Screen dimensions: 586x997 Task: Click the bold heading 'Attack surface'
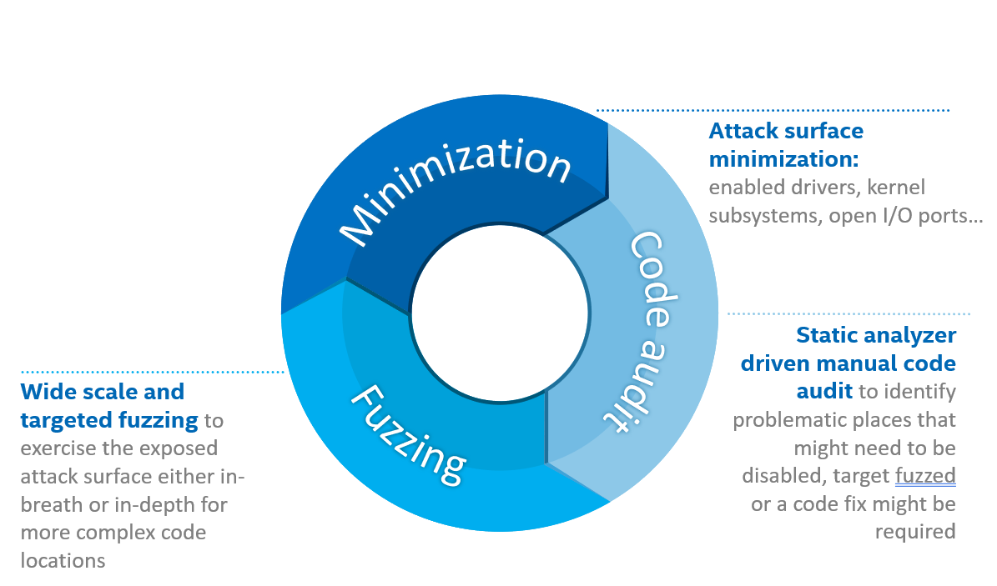click(786, 131)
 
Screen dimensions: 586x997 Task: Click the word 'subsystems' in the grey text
click(761, 216)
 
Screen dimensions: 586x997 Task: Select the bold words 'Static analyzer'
click(876, 335)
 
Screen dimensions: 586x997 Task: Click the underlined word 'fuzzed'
click(924, 476)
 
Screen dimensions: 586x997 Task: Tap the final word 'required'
click(915, 532)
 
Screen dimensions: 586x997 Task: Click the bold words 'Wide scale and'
click(103, 392)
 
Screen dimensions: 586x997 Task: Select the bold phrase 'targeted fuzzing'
click(108, 420)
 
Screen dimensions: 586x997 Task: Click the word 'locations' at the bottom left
click(63, 560)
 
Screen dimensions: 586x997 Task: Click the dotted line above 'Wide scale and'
click(153, 371)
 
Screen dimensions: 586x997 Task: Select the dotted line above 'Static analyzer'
click(848, 314)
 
